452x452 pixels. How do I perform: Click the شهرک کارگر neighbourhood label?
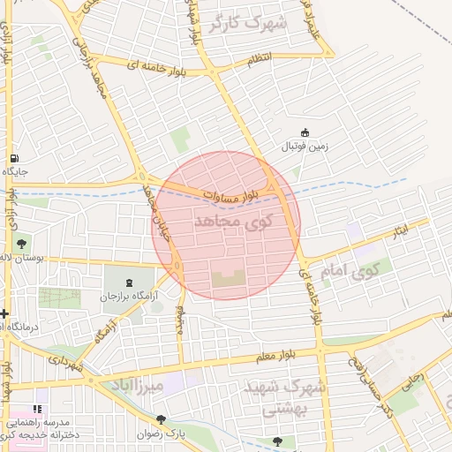251,23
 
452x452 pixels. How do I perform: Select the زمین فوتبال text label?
304,147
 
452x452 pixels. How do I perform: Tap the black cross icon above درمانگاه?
5,313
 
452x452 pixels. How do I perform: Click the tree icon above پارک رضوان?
161,420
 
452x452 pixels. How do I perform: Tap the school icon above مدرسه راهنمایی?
37,410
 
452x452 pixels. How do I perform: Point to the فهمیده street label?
179,320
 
